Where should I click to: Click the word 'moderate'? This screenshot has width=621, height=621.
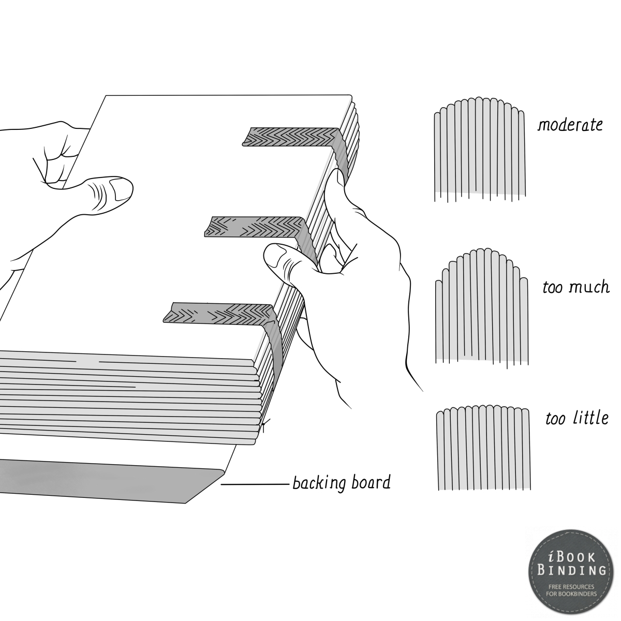(x=570, y=125)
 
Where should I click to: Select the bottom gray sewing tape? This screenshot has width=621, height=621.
(x=217, y=314)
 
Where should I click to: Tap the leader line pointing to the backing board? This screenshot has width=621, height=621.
(x=255, y=485)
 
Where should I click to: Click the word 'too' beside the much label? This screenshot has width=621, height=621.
(x=552, y=287)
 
